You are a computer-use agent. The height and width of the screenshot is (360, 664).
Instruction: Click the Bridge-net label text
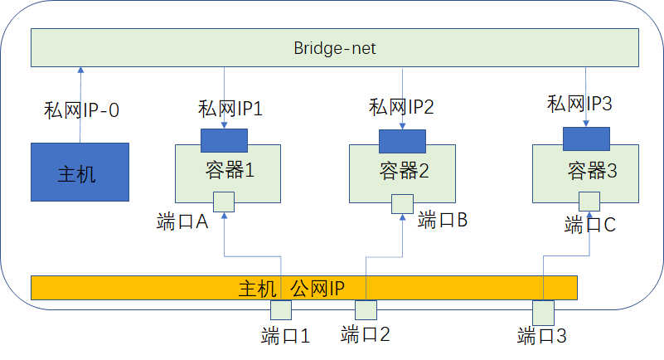click(x=335, y=49)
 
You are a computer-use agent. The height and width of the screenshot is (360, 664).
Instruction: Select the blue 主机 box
click(x=80, y=172)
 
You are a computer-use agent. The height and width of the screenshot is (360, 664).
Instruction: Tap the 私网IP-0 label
click(x=82, y=109)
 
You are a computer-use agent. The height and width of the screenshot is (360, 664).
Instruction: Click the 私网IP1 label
click(x=230, y=109)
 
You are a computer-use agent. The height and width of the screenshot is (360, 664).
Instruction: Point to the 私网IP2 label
click(x=401, y=106)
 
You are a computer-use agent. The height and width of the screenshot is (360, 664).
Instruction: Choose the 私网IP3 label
click(x=579, y=105)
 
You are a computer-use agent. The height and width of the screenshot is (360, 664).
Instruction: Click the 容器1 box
click(x=228, y=173)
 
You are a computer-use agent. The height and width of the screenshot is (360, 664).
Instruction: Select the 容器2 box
click(x=402, y=173)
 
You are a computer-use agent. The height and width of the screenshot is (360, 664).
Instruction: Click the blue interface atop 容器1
click(x=224, y=140)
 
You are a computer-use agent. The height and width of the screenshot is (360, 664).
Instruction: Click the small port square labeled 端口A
click(x=224, y=202)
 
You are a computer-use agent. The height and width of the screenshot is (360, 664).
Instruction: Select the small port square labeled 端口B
click(x=402, y=204)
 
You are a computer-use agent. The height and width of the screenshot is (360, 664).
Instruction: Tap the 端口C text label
click(x=589, y=224)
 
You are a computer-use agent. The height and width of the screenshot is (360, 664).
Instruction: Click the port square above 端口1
click(x=282, y=309)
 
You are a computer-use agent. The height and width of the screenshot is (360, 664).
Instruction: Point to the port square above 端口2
click(x=366, y=309)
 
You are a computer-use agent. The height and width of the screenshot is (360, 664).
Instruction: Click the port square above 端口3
click(x=543, y=312)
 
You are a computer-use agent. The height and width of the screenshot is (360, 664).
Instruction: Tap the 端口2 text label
click(x=365, y=335)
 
